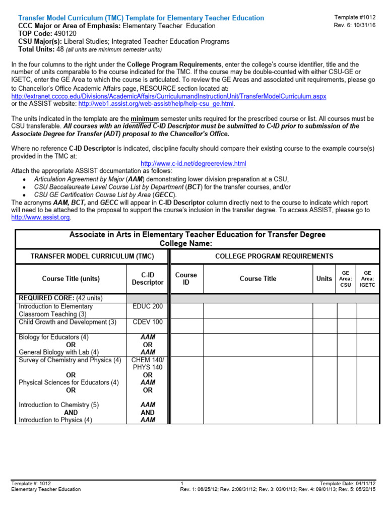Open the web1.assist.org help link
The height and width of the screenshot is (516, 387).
(x=156, y=104)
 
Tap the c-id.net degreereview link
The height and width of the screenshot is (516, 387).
(x=193, y=164)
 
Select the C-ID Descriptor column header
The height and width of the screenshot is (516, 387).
(x=148, y=279)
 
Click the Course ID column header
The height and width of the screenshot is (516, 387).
(x=186, y=279)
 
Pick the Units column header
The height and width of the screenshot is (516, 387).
(x=324, y=279)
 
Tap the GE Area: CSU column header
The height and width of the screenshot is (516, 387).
(x=346, y=279)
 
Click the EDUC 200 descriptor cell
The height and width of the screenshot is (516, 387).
(x=148, y=306)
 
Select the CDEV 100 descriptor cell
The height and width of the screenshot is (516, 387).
(x=148, y=322)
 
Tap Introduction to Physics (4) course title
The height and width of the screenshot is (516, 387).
(x=55, y=420)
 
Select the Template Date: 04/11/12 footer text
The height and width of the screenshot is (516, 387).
(x=351, y=483)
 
